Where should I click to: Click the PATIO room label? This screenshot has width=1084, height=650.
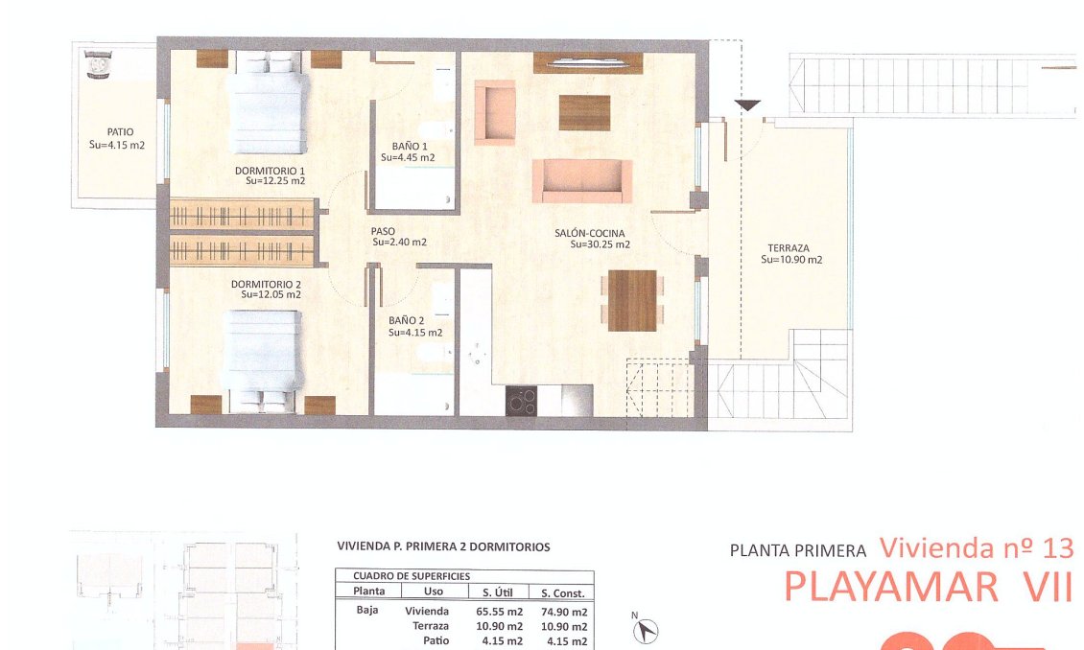coord(120,132)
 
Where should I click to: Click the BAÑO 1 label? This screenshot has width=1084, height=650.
coord(410,147)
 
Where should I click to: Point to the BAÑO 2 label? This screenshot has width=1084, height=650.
coord(407,320)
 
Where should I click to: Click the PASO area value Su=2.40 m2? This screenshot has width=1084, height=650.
coord(400,243)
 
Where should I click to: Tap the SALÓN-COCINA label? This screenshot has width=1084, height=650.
coord(590,234)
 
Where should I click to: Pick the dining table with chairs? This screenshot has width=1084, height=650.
coord(632,300)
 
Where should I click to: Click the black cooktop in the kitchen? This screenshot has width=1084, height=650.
coord(521,401)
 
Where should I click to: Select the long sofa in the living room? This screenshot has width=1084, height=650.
coord(582,181)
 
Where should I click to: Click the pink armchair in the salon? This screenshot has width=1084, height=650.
coord(495,112)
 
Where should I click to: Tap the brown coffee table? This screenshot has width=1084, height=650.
coord(584,112)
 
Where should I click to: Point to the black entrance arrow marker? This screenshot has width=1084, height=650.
coord(747,105)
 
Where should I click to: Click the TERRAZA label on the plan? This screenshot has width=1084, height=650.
coord(789,248)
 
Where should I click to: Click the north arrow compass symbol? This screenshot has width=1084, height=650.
coord(645,630)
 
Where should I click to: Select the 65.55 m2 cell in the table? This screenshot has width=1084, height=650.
coord(499,612)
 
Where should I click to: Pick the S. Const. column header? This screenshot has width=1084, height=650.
coord(563,592)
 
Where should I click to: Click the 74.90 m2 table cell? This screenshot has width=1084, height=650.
coord(564,612)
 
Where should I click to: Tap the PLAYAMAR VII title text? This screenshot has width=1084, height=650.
coord(929,587)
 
